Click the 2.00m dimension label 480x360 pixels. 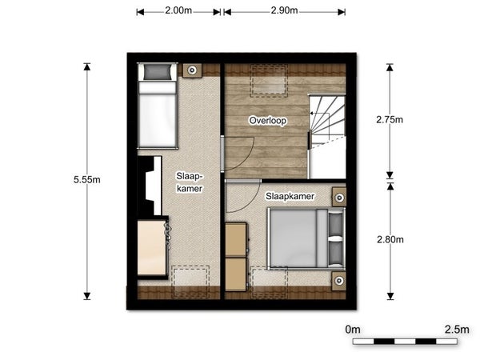tap(178, 10)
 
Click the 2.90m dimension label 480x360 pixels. tap(284, 10)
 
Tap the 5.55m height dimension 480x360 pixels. tap(87, 180)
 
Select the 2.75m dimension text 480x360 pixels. tap(390, 120)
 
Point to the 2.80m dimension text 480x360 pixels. tap(390, 239)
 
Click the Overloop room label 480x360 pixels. tap(268, 121)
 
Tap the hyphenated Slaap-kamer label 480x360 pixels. tap(190, 182)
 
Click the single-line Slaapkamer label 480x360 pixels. tap(290, 196)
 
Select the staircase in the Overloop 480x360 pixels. tap(327, 137)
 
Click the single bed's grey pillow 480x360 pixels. tap(157, 72)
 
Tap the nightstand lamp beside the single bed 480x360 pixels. tap(192, 70)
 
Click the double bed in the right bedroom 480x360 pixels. tap(306, 238)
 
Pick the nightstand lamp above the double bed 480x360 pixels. tap(339, 198)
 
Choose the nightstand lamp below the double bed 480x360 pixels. tap(339, 281)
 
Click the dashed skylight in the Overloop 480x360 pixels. tap(269, 81)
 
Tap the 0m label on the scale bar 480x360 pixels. tap(353, 330)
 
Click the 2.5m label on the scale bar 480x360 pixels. tap(457, 330)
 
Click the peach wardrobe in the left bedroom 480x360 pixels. tap(152, 248)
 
